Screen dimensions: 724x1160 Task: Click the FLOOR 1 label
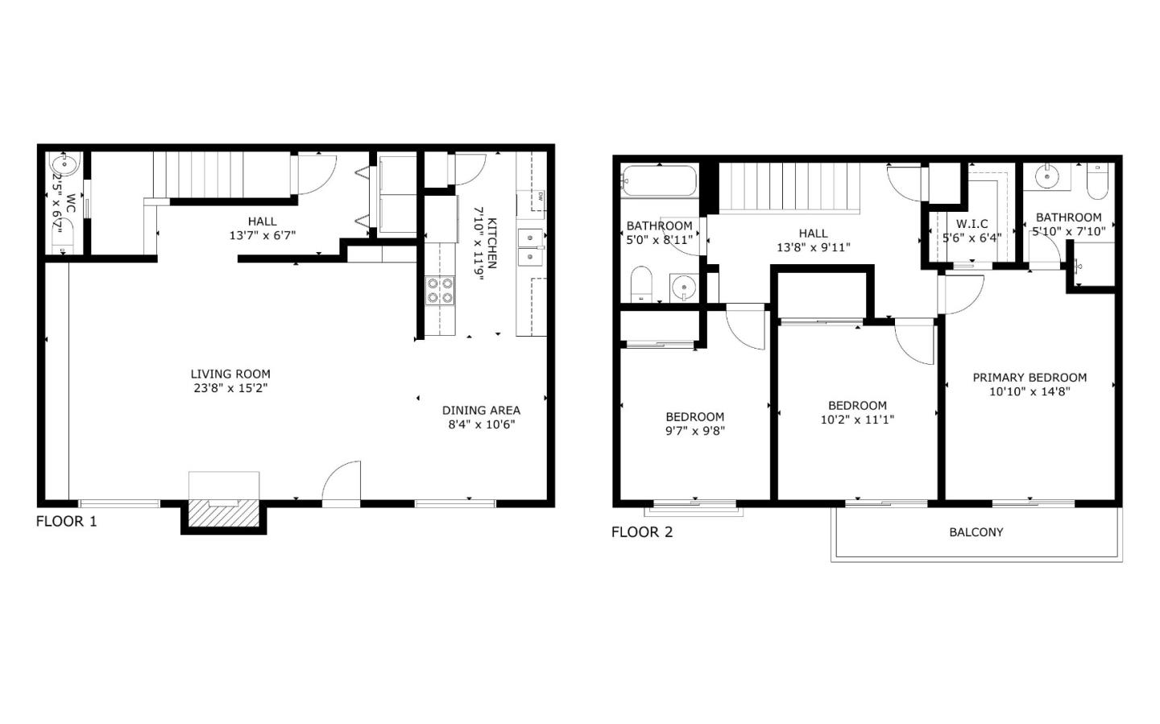(x=66, y=521)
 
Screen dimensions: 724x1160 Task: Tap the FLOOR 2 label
(x=641, y=532)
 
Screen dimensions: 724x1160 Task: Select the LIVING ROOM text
(x=230, y=374)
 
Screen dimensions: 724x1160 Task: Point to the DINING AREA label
(x=481, y=410)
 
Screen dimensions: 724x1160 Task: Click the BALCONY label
(x=976, y=532)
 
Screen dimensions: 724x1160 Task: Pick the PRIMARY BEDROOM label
(x=1029, y=377)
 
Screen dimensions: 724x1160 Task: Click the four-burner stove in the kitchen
(x=440, y=291)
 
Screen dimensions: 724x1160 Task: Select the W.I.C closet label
(x=971, y=224)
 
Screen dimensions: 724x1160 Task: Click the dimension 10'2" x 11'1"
(x=857, y=420)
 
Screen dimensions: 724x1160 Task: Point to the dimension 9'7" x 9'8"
(x=694, y=431)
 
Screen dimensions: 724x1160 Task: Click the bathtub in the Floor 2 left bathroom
(x=660, y=181)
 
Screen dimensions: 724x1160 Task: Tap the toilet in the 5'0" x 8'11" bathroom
(x=641, y=284)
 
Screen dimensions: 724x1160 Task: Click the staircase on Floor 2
(x=788, y=186)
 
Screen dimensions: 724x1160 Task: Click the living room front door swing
(x=342, y=482)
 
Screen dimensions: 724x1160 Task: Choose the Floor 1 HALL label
(x=262, y=221)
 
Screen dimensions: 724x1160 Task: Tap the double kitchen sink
(x=530, y=247)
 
